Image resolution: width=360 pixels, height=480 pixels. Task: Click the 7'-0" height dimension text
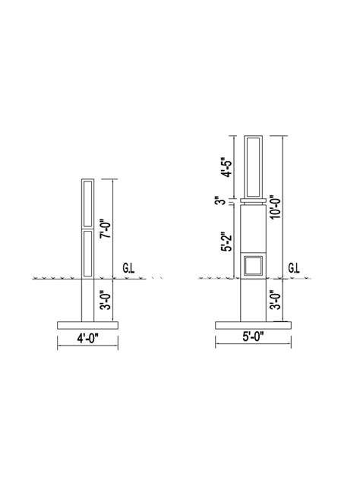106,227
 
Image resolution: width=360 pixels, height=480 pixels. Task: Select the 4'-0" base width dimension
87,338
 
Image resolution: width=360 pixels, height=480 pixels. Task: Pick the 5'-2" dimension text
226,242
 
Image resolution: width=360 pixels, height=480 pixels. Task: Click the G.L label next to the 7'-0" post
129,269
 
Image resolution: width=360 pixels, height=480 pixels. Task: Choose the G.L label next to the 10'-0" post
294,269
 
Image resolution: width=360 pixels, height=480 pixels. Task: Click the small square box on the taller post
253,267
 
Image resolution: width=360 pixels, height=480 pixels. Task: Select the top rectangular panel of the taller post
253,166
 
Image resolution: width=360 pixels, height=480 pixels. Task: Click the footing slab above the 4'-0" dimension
87,324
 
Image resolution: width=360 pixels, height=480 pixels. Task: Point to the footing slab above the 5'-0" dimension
253,324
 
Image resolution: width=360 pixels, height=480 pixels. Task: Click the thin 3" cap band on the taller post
253,201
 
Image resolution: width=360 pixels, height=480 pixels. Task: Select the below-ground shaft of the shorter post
87,299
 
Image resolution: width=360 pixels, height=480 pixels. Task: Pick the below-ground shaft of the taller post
253,299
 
